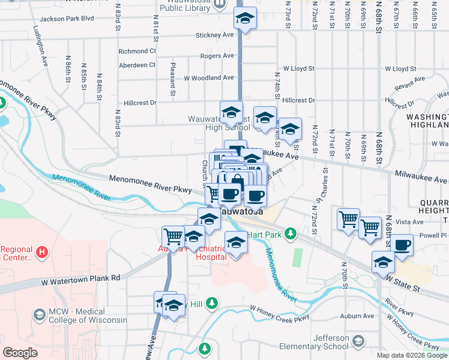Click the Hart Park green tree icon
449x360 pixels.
(x=291, y=233)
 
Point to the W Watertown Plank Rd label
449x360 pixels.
(x=81, y=278)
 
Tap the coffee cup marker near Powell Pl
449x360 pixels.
(x=402, y=244)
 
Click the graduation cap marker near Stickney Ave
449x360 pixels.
(x=245, y=18)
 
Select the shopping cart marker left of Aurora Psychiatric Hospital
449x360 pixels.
(x=173, y=236)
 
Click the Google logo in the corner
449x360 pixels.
(x=20, y=353)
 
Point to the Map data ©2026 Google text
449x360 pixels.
(x=411, y=355)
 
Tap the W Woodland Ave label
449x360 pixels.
(x=208, y=78)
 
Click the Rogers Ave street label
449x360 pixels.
(x=217, y=56)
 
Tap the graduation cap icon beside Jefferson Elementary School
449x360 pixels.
(x=358, y=342)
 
